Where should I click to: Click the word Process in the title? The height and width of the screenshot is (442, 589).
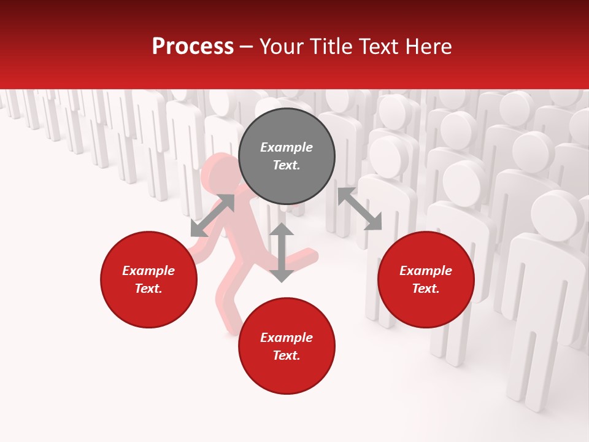click(193, 47)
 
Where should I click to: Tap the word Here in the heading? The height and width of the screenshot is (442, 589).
click(429, 47)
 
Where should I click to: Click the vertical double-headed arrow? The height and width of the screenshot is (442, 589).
click(282, 252)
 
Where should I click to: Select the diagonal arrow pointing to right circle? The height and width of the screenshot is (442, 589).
click(360, 209)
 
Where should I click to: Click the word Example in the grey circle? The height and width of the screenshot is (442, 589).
click(287, 147)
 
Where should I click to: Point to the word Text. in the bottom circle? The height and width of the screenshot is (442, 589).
click(287, 355)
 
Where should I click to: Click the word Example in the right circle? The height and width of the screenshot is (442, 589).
click(426, 271)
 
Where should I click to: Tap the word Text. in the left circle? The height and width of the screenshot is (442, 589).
click(148, 289)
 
